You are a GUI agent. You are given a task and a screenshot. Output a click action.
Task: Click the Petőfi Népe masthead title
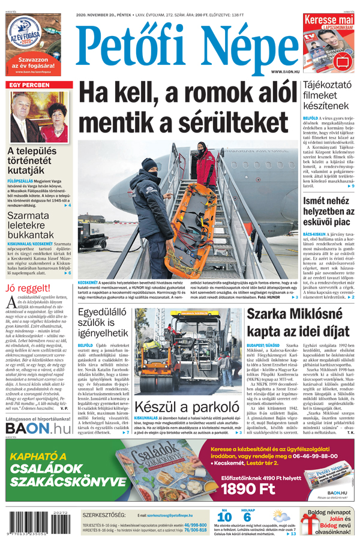click(x=186, y=50)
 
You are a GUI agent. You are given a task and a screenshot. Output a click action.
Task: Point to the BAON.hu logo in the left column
click(x=38, y=410)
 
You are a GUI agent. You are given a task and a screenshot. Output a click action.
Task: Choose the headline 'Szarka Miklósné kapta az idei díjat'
click(x=298, y=322)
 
